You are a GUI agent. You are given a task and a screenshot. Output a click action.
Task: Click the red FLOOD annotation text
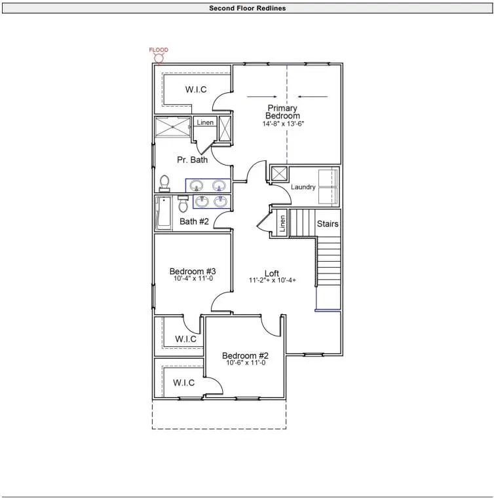159,50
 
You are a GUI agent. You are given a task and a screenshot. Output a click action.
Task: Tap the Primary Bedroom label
282,112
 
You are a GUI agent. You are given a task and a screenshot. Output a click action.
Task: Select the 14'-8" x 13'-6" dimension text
283,124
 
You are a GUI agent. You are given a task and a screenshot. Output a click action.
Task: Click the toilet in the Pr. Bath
164,183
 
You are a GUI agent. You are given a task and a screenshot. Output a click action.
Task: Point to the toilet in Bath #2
183,204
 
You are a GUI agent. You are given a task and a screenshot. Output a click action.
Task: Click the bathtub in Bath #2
163,213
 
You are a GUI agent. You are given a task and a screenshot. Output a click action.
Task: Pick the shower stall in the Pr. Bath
172,127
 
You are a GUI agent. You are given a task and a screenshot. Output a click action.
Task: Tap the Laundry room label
303,187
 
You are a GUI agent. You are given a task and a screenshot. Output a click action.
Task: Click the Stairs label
328,224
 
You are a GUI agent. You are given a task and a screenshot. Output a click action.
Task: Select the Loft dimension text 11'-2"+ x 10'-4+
273,280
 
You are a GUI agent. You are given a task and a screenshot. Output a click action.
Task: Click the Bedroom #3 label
193,271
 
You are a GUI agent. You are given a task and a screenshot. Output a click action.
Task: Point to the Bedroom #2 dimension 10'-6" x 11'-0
246,363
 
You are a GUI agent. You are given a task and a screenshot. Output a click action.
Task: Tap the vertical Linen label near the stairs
282,223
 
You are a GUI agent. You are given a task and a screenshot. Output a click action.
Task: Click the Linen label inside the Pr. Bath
205,122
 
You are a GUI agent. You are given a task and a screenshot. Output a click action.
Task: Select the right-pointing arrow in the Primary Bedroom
261,97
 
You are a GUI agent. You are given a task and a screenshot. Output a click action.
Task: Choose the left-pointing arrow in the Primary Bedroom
313,97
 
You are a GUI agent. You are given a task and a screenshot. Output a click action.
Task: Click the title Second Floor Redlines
247,9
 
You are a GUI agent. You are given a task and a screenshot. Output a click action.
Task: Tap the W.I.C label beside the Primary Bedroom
196,90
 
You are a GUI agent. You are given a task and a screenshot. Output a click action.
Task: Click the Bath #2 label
194,221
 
